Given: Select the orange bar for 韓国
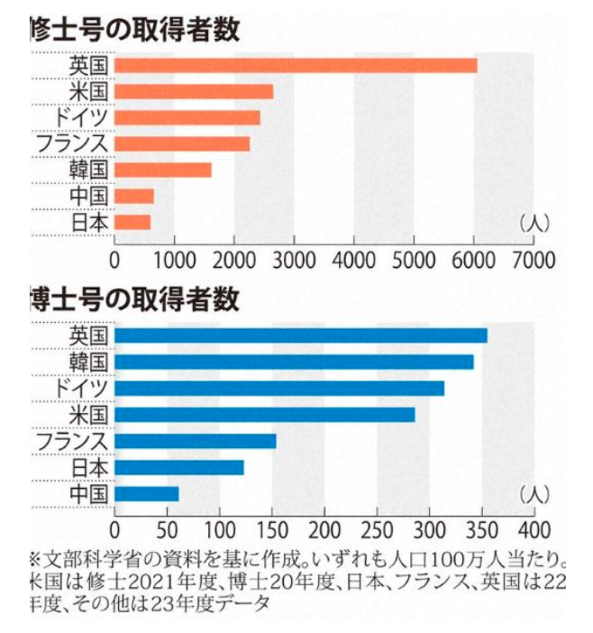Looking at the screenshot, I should [x=163, y=170].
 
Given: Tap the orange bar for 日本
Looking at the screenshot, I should [x=132, y=222].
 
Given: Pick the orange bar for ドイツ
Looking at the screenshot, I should [x=187, y=117].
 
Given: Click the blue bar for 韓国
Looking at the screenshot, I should [x=294, y=362].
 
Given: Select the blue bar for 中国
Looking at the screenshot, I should [x=147, y=493].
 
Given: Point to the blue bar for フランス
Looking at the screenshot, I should [x=196, y=441].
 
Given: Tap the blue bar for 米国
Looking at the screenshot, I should [x=265, y=414].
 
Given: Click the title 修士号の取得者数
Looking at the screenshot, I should [x=135, y=29].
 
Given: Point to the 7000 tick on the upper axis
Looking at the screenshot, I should [x=534, y=260].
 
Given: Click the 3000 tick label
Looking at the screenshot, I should [x=294, y=260].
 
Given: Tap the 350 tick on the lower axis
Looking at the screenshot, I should [x=482, y=528].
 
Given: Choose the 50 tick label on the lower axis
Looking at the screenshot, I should [x=168, y=528].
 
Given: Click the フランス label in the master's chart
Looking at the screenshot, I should [x=71, y=143].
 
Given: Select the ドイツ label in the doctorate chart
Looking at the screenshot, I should [x=79, y=388].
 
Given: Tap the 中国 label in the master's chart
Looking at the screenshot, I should [x=89, y=196].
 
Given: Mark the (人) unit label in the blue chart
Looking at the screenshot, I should [x=534, y=493].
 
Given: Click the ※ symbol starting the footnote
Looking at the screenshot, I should [x=36, y=558].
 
